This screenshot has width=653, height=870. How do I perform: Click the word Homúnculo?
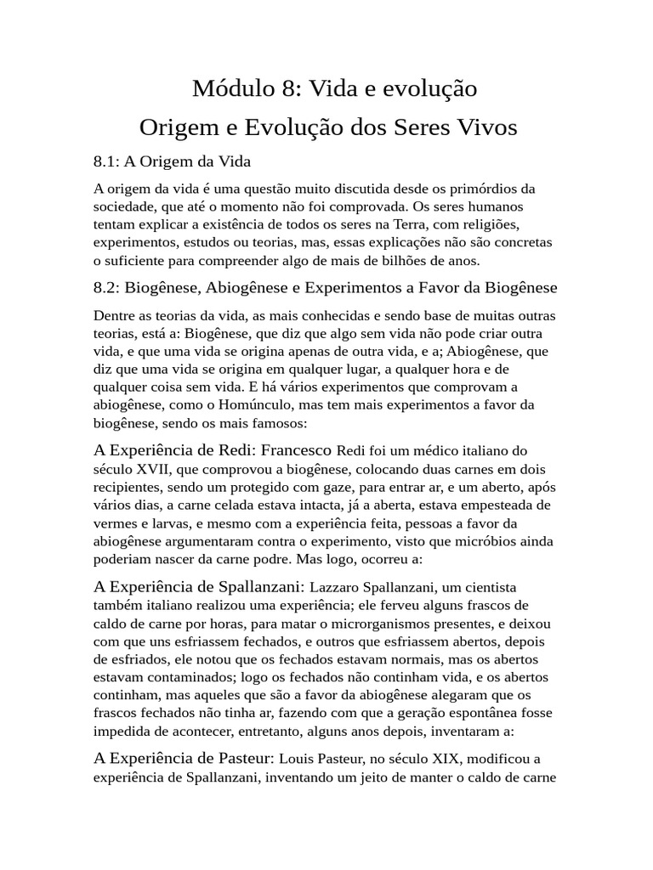coord(213,404)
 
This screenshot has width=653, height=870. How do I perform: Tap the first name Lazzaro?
coord(335,587)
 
